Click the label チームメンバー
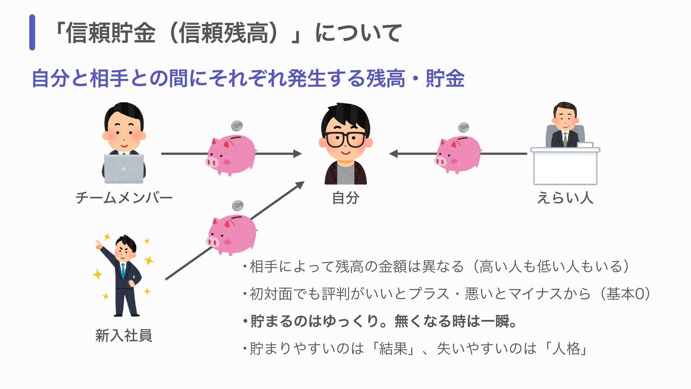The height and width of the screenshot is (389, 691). [124, 198]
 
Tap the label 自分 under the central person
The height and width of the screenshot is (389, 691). [345, 198]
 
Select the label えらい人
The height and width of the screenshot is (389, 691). [565, 198]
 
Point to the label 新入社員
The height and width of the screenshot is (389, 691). [124, 335]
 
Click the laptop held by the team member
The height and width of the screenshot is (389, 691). [124, 169]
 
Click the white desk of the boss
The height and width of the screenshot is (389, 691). [565, 166]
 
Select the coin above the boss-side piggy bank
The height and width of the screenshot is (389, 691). [464, 127]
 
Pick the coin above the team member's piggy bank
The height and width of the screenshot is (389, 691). [237, 126]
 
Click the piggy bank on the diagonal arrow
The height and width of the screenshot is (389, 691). [232, 234]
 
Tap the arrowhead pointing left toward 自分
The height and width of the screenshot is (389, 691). [394, 154]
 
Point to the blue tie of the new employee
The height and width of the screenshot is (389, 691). [123, 270]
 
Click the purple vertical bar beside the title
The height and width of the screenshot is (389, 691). [32, 32]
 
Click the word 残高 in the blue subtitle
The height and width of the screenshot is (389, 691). [385, 78]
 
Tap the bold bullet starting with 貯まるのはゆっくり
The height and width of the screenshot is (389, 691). [380, 321]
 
